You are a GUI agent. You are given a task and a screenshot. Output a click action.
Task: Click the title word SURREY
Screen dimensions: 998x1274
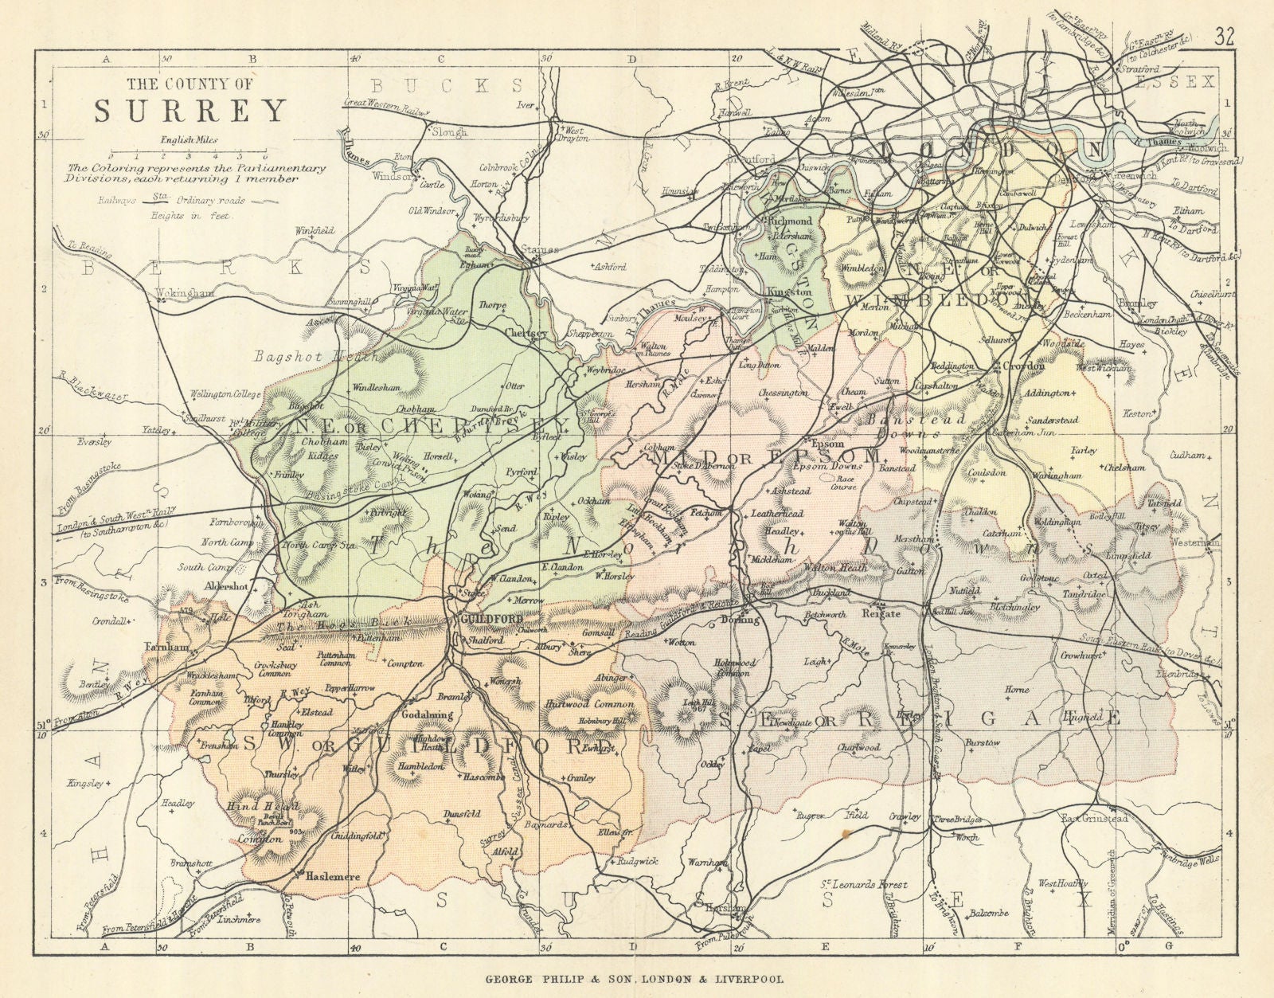tap(191, 111)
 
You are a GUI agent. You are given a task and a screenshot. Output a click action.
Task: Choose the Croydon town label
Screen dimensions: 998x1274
tap(1026, 366)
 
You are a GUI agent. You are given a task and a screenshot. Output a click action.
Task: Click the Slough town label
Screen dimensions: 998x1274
tap(448, 132)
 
